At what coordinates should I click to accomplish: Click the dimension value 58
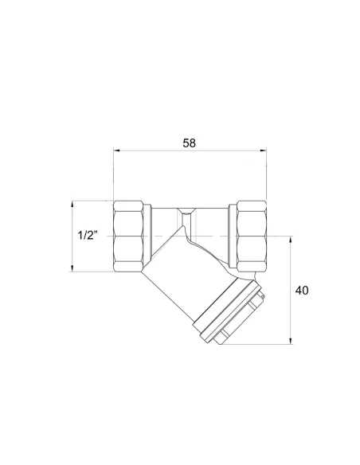click(190, 143)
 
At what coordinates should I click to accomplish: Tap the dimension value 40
click(302, 291)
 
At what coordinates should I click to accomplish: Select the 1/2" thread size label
click(88, 236)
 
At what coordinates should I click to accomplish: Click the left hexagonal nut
click(128, 236)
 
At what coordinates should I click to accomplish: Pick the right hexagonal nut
click(252, 236)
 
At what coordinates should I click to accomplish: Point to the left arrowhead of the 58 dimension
click(116, 150)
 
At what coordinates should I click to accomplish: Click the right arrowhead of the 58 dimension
click(264, 150)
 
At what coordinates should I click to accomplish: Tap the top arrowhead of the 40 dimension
click(291, 240)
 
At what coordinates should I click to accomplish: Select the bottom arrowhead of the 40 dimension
click(291, 341)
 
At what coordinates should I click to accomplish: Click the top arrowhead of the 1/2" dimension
click(72, 205)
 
